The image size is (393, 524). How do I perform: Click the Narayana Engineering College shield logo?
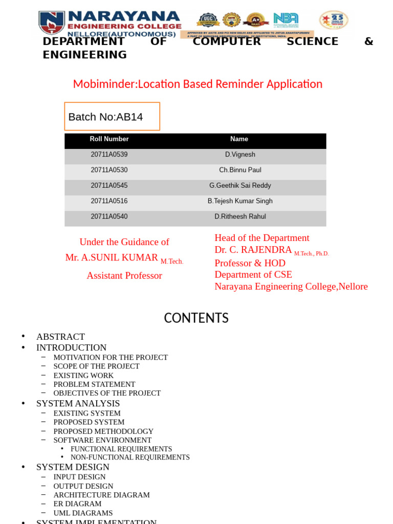(x=52, y=23)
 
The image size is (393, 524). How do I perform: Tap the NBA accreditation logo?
(x=286, y=20)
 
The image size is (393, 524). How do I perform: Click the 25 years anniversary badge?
(x=333, y=20)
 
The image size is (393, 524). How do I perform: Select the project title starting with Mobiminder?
(x=198, y=84)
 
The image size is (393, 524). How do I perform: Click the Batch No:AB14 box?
(x=112, y=117)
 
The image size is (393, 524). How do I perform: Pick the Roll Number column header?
(x=109, y=139)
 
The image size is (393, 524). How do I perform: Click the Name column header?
(x=239, y=139)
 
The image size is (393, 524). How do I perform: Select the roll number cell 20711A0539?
(x=109, y=155)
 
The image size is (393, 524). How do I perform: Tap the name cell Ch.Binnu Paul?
(x=240, y=170)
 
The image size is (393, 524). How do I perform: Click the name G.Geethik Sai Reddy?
(x=240, y=186)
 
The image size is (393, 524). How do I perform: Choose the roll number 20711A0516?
(x=109, y=201)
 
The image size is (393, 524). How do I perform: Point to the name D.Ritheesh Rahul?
(x=240, y=216)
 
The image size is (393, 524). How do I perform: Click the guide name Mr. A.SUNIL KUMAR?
(x=112, y=257)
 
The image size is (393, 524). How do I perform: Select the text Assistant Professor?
(x=124, y=276)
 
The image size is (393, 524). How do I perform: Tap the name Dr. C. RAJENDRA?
(x=253, y=250)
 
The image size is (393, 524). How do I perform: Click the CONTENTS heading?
(x=196, y=318)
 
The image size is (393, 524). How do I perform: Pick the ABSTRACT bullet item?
(x=60, y=337)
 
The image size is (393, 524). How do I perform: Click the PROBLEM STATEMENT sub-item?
(x=94, y=384)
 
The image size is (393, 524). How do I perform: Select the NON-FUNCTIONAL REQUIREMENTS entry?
(x=130, y=457)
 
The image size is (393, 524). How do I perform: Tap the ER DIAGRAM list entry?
(x=77, y=504)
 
